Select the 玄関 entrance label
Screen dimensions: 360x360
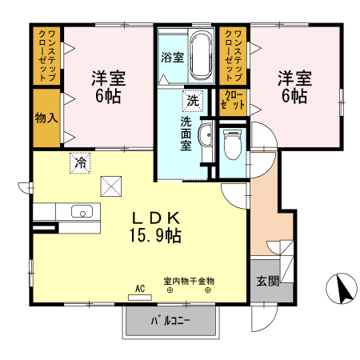(266, 282)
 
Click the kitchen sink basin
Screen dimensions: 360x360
(82, 212)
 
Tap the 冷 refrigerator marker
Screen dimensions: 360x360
(81, 162)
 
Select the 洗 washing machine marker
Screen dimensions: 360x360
(192, 101)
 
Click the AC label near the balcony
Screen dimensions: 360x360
(138, 288)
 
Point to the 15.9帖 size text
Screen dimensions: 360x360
(155, 236)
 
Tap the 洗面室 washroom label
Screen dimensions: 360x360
(185, 134)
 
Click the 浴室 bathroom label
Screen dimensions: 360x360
(171, 58)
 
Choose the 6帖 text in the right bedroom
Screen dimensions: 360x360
(294, 96)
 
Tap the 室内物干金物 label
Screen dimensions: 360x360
(189, 281)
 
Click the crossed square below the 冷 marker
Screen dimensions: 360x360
(110, 186)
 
